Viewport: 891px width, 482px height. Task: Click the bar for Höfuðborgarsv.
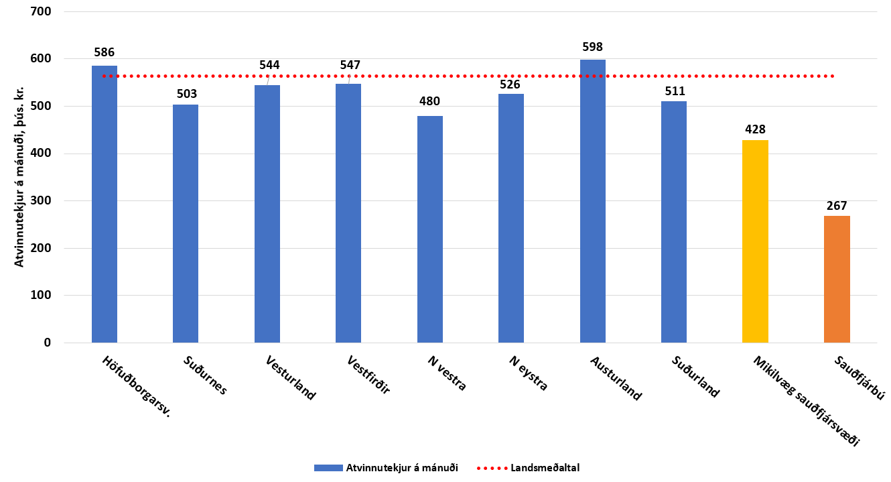[x=105, y=204]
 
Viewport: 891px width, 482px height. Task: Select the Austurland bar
[x=592, y=201]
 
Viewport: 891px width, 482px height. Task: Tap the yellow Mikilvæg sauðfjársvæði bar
[x=755, y=241]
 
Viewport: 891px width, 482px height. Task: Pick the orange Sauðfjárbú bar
[x=837, y=279]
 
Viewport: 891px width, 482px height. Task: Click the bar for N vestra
[x=429, y=229]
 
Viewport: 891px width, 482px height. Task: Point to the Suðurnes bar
[x=186, y=223]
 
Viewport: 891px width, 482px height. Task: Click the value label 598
[x=593, y=47]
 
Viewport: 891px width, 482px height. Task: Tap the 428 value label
[x=755, y=129]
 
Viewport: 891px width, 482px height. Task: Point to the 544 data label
[x=269, y=65]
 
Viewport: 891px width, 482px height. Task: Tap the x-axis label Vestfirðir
[x=369, y=376]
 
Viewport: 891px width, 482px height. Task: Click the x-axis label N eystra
[x=529, y=373]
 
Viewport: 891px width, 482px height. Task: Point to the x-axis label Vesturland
[x=290, y=378]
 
